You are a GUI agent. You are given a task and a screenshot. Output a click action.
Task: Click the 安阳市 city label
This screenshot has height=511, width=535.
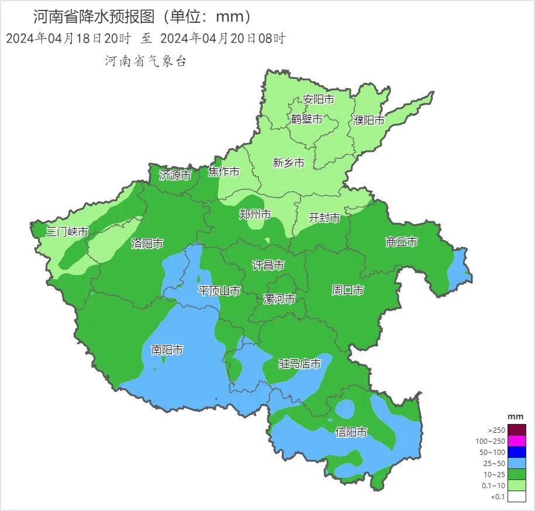point(319,100)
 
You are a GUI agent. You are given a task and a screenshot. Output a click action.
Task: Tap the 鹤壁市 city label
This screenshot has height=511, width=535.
point(307,119)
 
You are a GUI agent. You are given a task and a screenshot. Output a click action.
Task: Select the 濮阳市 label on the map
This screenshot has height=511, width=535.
point(369,121)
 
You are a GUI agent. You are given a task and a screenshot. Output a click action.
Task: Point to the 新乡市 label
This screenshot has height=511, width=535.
point(289,163)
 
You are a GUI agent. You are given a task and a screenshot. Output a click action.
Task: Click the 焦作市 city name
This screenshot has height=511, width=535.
point(224,172)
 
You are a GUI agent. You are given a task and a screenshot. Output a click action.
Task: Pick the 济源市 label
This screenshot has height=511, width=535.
point(175,175)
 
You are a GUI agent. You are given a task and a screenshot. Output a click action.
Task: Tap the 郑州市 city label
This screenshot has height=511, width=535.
point(256,214)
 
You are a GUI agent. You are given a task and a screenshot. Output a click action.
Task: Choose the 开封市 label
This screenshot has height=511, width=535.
point(324,218)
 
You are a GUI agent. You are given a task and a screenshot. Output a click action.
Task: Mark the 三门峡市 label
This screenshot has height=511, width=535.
point(68,232)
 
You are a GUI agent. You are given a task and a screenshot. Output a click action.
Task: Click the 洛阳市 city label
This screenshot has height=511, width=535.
point(147,244)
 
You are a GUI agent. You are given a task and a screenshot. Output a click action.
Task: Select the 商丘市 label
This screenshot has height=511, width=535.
point(402,242)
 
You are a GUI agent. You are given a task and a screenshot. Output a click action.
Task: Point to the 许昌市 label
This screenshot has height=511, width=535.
point(268,265)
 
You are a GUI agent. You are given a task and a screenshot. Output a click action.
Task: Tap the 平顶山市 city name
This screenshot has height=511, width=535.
point(219,291)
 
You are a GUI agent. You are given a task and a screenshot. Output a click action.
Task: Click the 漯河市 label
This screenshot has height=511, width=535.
point(279,299)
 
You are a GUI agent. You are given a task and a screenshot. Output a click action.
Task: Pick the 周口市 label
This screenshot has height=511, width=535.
point(348,290)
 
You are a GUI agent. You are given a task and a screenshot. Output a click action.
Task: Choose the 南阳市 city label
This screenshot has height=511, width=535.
point(167,350)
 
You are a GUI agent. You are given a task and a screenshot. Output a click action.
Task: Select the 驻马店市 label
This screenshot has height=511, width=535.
point(299,364)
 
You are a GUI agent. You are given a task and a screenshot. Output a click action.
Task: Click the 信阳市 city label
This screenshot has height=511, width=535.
point(351,432)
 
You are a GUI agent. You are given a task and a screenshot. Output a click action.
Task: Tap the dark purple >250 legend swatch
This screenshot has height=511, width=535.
point(517,429)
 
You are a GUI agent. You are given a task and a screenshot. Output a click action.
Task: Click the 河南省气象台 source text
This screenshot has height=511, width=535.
point(146,61)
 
